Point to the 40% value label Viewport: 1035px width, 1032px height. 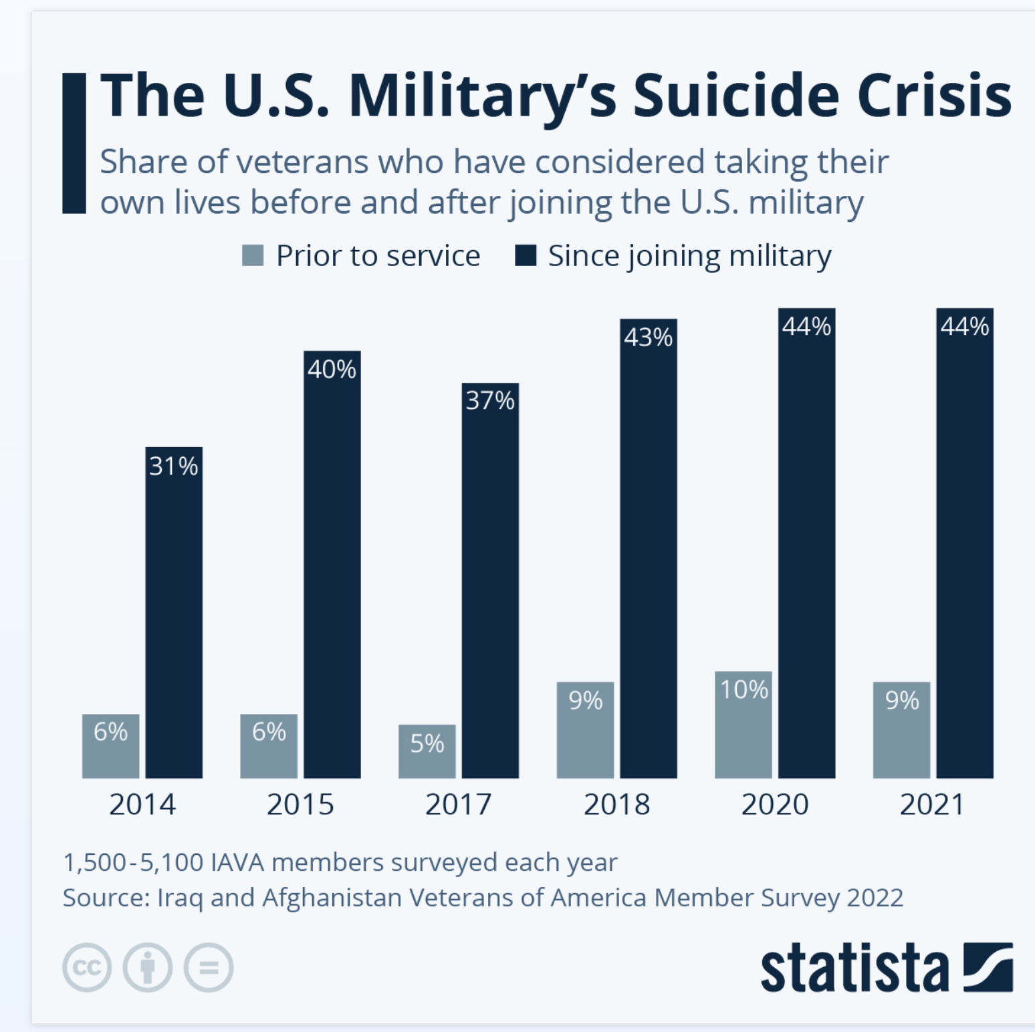point(332,369)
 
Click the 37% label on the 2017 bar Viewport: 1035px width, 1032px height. point(490,400)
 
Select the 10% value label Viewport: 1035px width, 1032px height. point(743,689)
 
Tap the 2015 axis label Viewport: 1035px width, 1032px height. point(300,804)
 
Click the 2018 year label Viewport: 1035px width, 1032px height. point(616,804)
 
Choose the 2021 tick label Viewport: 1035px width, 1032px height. point(932,804)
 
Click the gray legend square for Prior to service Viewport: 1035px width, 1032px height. point(253,255)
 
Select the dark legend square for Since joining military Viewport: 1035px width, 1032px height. point(526,255)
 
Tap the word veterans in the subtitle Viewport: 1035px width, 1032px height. point(302,162)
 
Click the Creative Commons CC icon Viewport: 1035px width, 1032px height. point(87,967)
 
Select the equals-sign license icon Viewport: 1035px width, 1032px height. point(209,967)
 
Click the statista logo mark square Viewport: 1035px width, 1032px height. point(988,967)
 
